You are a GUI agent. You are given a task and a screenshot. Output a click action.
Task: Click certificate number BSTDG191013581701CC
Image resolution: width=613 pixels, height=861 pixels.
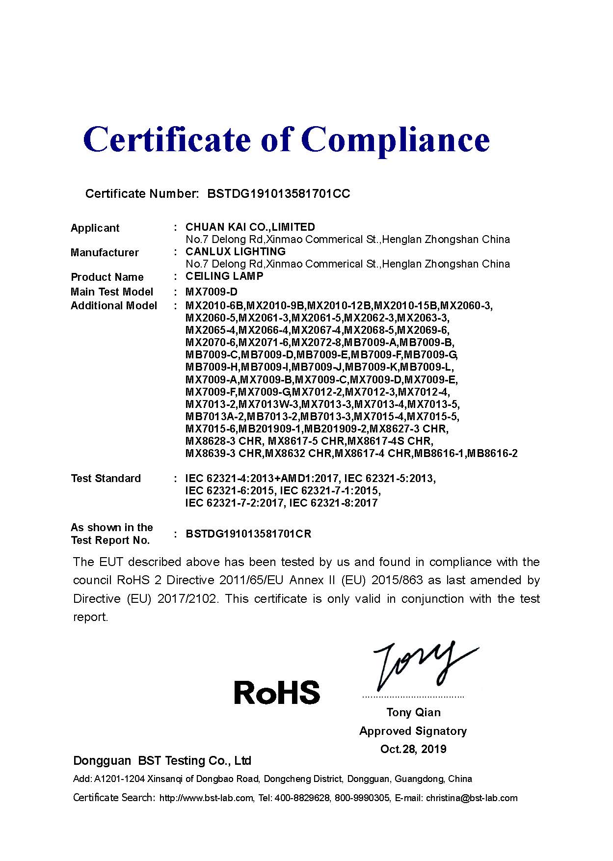tap(278, 194)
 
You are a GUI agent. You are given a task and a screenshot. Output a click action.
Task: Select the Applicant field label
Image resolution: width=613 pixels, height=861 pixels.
tap(95, 228)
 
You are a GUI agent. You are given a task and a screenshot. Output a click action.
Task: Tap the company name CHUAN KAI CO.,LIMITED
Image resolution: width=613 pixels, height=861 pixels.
tap(250, 227)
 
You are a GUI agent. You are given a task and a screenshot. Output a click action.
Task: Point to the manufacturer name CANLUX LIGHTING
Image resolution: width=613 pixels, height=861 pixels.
tap(235, 251)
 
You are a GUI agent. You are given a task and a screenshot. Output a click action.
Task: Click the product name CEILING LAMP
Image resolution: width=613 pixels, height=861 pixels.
tap(224, 276)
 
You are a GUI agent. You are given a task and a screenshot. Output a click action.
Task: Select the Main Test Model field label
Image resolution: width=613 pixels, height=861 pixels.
tap(112, 292)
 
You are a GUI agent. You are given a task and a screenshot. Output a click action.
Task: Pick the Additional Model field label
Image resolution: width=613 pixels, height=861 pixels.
tap(114, 306)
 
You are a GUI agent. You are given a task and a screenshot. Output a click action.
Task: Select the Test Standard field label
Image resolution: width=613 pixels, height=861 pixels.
tap(106, 478)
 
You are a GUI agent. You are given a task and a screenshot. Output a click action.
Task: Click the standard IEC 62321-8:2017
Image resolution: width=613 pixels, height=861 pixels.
tap(333, 503)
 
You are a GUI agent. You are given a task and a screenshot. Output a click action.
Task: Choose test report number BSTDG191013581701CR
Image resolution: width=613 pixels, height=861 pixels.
tap(248, 534)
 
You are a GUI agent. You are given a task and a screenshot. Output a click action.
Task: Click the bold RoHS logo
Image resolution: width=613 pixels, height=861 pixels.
tap(277, 692)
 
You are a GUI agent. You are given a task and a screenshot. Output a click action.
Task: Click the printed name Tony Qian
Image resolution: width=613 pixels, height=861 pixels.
tap(413, 712)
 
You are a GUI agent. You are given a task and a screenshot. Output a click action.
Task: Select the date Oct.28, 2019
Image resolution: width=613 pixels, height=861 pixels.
tap(413, 749)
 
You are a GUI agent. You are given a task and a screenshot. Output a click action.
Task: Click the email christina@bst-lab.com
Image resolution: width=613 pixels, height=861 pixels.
tap(471, 798)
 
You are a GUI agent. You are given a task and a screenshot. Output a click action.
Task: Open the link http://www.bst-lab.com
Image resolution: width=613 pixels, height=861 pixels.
tap(207, 798)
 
